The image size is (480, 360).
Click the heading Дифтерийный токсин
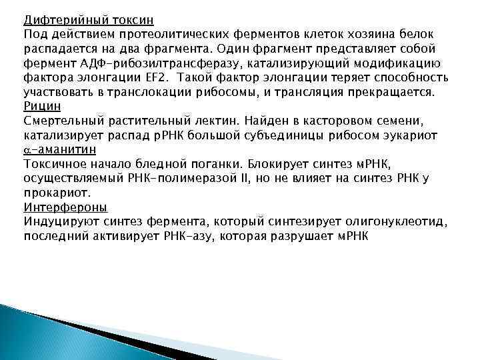click(88, 19)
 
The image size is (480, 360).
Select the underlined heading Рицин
click(41, 106)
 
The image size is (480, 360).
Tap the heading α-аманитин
click(61, 149)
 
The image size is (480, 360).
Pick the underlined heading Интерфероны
click(65, 207)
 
